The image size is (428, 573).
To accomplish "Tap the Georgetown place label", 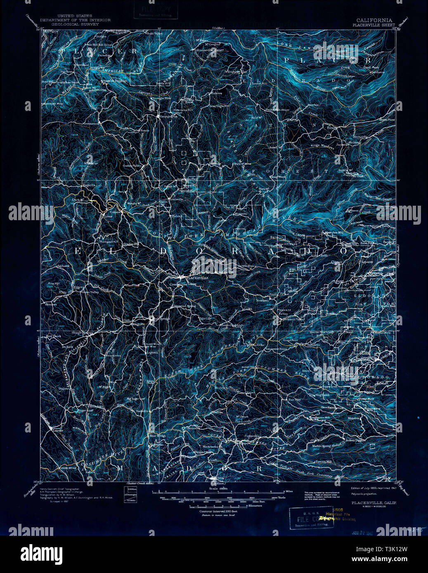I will click(168, 117).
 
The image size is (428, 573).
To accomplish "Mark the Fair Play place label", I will click(293, 399).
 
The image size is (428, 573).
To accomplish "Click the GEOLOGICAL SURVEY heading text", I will click(75, 24).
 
